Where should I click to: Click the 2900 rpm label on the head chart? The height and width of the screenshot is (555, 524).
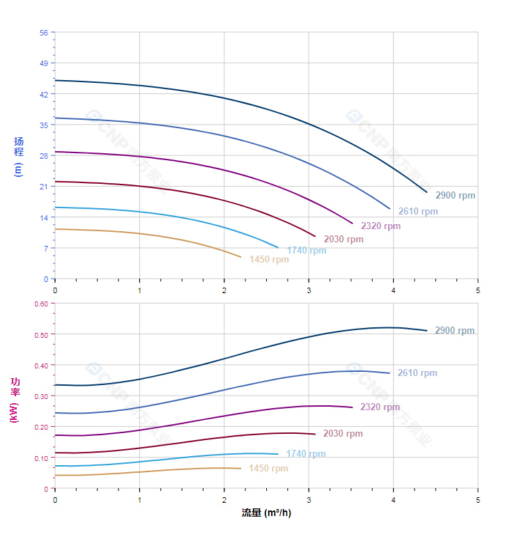[455, 196]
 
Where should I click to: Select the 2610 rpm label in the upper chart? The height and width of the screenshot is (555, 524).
[418, 212]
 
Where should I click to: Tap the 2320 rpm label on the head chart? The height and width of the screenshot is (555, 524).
[380, 226]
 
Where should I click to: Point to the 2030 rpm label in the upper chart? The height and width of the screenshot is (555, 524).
[344, 240]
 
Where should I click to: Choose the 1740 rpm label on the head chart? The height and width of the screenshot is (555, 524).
[306, 251]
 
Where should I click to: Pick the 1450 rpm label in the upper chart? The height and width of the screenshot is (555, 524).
[269, 260]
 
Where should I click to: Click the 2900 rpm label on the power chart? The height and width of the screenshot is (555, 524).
[454, 331]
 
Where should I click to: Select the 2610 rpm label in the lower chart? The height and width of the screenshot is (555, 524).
[417, 373]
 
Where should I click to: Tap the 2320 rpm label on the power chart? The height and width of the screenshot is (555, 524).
[380, 407]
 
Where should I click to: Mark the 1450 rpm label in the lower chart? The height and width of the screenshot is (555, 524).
[268, 469]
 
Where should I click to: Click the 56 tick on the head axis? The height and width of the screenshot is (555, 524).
[44, 33]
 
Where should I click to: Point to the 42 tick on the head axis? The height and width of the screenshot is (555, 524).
[44, 94]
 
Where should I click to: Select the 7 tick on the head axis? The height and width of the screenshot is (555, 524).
[46, 248]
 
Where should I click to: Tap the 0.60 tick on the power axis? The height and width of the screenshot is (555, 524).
[41, 304]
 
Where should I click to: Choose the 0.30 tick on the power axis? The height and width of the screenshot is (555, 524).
[41, 396]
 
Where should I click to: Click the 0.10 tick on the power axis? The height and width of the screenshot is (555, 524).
[41, 458]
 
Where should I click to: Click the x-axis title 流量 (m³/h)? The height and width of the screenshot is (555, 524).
[266, 513]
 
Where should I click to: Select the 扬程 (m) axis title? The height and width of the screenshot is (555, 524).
[19, 156]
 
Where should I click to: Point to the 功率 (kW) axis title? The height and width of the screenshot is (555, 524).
[15, 400]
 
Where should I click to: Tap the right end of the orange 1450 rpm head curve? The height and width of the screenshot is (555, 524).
[241, 258]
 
